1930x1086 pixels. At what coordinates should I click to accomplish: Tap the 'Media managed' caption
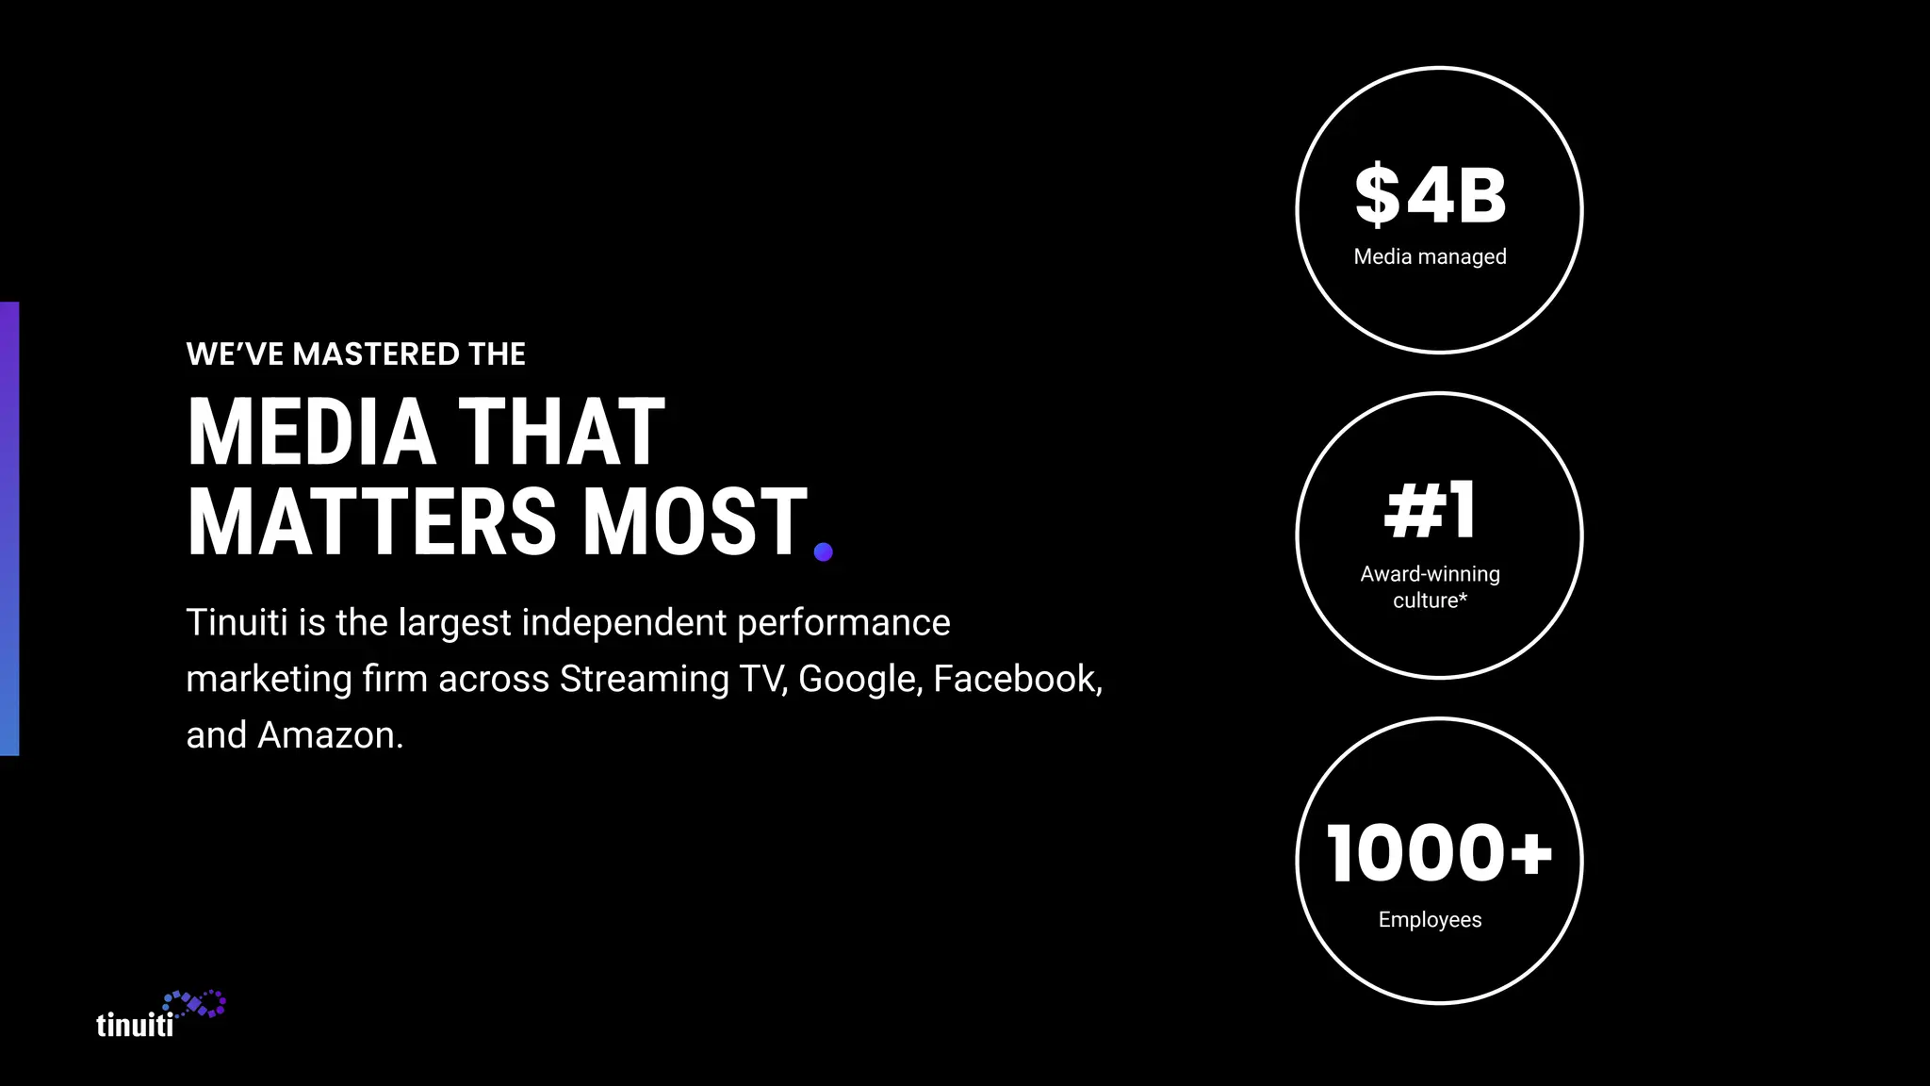[x=1430, y=256]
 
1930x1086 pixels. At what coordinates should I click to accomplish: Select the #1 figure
[x=1430, y=510]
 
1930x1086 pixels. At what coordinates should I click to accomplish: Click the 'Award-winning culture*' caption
[x=1430, y=586]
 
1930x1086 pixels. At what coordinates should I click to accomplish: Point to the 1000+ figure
[x=1438, y=853]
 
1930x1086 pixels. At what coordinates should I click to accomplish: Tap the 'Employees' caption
[x=1430, y=919]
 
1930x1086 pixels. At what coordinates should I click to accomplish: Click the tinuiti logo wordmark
[x=135, y=1025]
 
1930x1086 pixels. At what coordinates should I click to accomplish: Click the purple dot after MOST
[x=823, y=551]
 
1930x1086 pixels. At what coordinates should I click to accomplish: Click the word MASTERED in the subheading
[x=376, y=354]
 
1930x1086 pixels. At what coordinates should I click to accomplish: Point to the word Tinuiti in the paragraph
[x=237, y=622]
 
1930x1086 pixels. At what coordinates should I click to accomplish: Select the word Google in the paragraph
[x=859, y=679]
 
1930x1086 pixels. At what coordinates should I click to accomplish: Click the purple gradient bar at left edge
[x=9, y=528]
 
